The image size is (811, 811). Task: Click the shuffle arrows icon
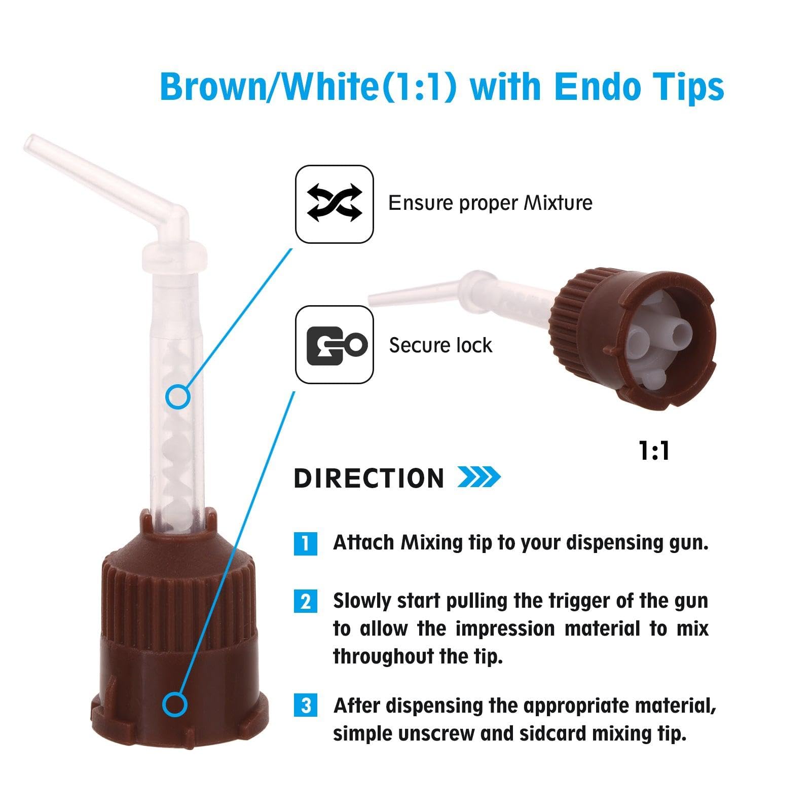335,204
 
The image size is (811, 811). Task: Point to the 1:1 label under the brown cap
654,451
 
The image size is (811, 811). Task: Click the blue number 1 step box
305,543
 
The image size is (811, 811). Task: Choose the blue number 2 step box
305,602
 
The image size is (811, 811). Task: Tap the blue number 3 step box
305,706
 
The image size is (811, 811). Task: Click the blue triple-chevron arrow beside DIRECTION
478,477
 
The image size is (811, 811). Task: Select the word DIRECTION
369,478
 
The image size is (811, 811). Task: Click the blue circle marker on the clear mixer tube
178,396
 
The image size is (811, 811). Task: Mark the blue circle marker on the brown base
175,705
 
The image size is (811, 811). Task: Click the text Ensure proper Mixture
490,203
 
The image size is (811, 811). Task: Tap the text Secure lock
440,346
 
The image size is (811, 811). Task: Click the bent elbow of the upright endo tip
175,215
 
